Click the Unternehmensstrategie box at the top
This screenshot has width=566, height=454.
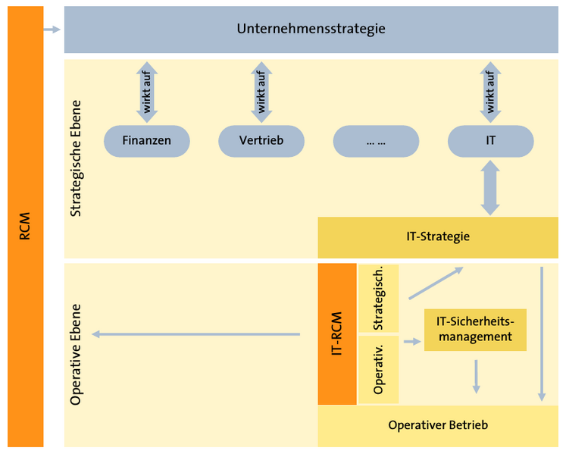click(311, 30)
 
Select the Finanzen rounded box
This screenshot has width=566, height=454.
click(146, 140)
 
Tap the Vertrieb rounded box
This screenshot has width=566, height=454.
click(261, 140)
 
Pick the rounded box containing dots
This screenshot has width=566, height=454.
click(376, 140)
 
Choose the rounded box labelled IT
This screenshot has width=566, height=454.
click(490, 140)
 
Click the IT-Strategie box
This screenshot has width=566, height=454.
click(437, 236)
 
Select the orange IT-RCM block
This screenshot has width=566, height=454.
click(337, 333)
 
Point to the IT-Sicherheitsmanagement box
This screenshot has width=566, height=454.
click(475, 330)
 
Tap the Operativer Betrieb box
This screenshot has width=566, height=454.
click(437, 425)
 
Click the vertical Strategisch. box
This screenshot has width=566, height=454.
click(379, 299)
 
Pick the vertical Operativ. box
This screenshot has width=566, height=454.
click(379, 369)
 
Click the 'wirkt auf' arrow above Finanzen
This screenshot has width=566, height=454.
click(146, 92)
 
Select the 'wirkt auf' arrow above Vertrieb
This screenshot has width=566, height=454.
click(261, 92)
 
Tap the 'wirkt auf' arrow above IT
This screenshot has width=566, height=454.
click(490, 92)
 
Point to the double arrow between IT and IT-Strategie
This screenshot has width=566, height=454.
click(490, 186)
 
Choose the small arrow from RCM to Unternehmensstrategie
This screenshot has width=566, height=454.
click(52, 30)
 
